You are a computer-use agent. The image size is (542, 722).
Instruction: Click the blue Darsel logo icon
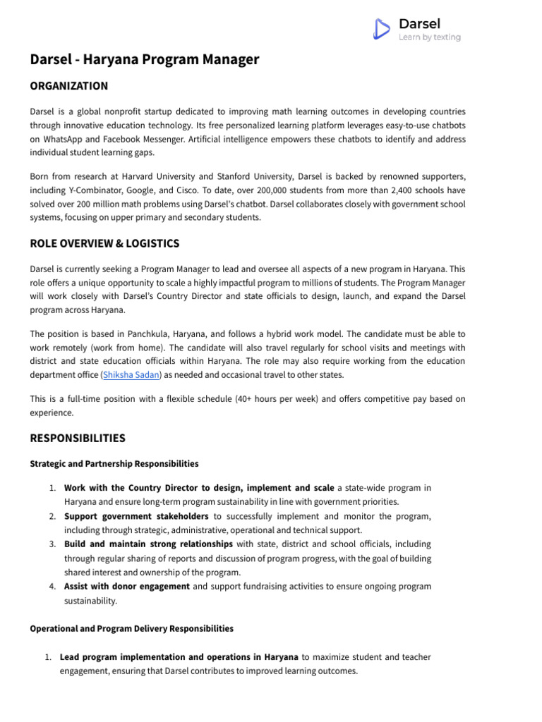[381, 28]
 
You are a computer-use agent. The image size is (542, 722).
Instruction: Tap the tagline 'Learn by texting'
[429, 37]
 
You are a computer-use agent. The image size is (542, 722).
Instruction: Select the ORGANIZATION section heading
[69, 86]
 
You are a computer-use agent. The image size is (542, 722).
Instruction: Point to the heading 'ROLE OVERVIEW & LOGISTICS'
[104, 244]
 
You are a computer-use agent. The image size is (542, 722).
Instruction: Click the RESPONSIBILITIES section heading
[78, 439]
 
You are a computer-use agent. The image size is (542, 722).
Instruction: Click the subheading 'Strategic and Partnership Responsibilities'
[114, 464]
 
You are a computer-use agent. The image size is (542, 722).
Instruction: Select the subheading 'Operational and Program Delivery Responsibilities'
[131, 628]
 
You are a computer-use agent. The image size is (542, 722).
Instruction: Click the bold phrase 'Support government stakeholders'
[135, 516]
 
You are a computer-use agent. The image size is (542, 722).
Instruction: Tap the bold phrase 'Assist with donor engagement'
[126, 587]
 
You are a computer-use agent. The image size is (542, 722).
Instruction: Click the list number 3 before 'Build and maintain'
[52, 544]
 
